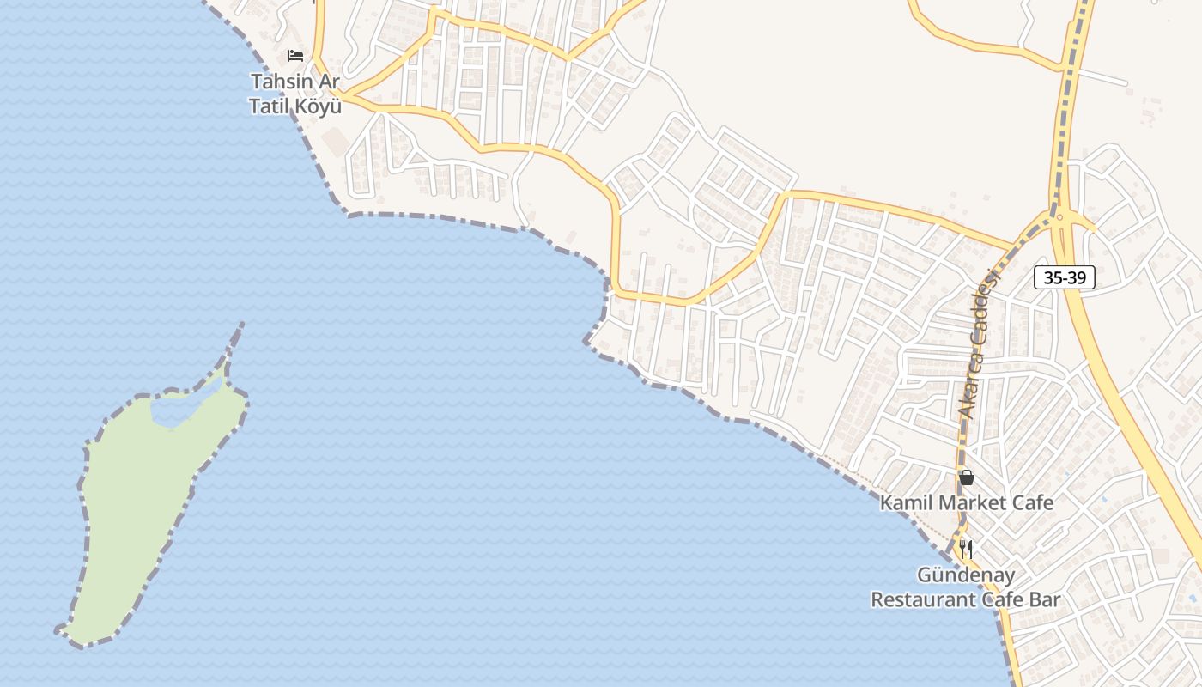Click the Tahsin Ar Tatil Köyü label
(294, 94)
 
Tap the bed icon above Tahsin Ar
(295, 56)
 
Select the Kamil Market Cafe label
(966, 502)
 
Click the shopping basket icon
(967, 477)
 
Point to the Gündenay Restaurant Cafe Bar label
(966, 587)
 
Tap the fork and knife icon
(966, 549)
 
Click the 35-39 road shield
(1065, 277)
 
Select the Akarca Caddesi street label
(980, 343)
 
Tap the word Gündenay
(966, 575)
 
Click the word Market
(968, 502)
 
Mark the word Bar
(1045, 599)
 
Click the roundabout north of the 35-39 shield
(1060, 218)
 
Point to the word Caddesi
(989, 305)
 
